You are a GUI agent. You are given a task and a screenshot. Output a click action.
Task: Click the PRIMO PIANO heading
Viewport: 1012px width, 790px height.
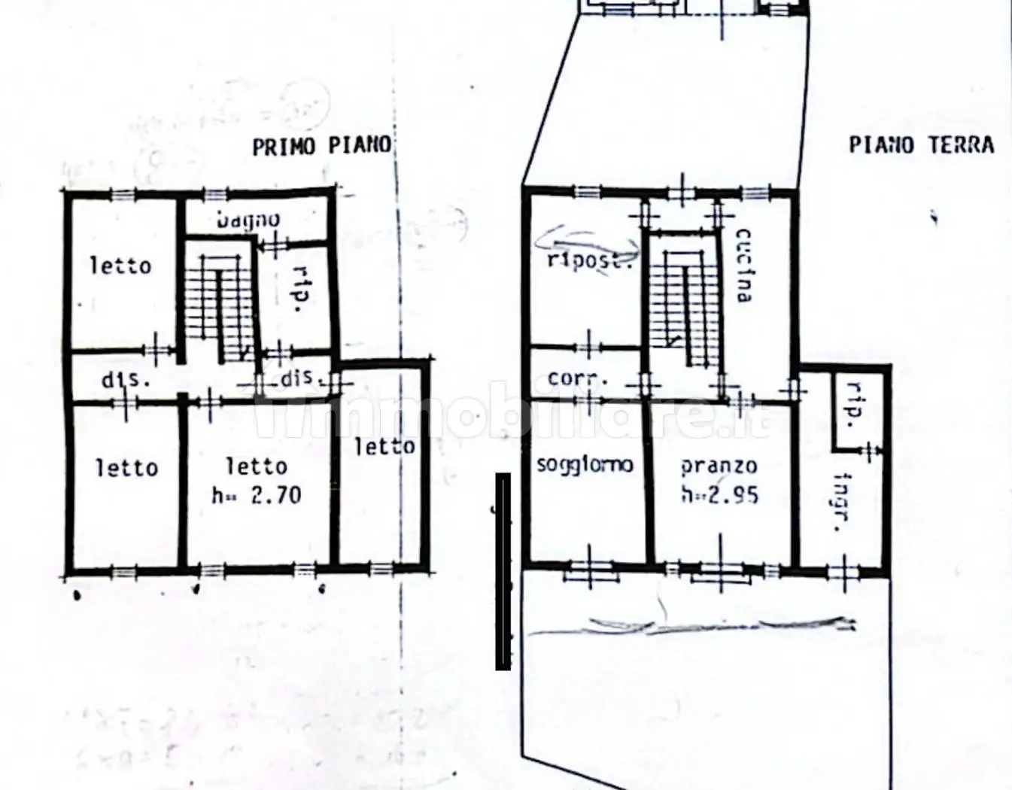pos(321,145)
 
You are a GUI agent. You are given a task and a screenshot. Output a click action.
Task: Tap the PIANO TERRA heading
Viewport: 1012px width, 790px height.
pos(921,144)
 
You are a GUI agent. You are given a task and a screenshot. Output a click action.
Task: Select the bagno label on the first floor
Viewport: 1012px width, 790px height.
pos(248,220)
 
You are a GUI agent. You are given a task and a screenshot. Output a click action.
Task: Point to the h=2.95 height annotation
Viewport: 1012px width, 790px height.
pos(719,494)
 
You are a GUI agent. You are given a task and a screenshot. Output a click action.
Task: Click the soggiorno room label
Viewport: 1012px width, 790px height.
pos(585,465)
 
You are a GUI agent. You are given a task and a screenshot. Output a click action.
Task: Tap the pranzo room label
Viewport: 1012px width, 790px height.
pos(719,466)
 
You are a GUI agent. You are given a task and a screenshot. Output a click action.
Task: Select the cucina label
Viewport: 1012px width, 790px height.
pos(742,265)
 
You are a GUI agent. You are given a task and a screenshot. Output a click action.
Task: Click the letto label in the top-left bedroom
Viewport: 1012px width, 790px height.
pos(120,265)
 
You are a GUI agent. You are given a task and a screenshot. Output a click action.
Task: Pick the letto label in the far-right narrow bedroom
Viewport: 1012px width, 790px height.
pos(384,446)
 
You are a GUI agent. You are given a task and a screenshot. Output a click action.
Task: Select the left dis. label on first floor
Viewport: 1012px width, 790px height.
pos(126,379)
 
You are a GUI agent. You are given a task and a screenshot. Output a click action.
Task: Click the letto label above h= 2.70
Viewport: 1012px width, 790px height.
pos(257,466)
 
